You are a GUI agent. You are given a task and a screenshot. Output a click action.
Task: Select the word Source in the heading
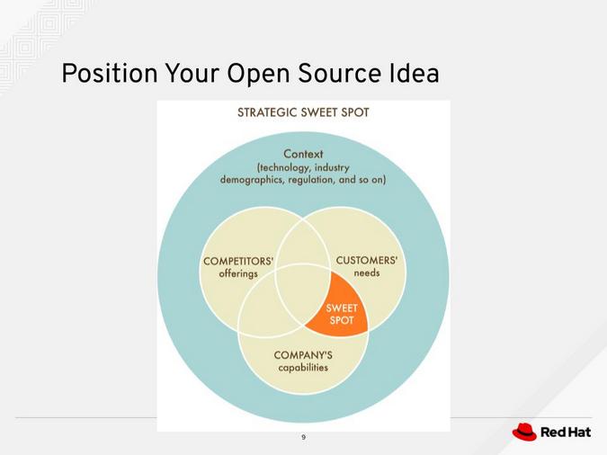(327, 74)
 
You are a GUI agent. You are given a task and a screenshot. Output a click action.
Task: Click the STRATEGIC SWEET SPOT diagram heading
(303, 113)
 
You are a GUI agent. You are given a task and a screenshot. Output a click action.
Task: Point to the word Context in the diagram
(303, 154)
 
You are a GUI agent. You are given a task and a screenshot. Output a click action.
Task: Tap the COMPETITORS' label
(238, 262)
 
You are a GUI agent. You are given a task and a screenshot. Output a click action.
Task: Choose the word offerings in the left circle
(238, 274)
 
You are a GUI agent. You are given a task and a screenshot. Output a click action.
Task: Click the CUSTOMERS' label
(367, 261)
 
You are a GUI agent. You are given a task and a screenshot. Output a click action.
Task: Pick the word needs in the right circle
(367, 273)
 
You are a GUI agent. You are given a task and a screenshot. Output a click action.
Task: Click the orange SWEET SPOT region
(341, 313)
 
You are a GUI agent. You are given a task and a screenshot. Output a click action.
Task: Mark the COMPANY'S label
(303, 355)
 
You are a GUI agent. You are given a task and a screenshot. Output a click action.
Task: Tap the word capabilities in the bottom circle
(303, 368)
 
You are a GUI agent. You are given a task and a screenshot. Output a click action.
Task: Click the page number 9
(303, 437)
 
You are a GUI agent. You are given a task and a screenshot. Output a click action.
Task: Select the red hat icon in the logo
(524, 433)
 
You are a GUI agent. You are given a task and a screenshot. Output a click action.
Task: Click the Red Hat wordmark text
(566, 433)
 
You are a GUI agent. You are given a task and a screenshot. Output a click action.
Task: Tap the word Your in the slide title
(190, 74)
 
